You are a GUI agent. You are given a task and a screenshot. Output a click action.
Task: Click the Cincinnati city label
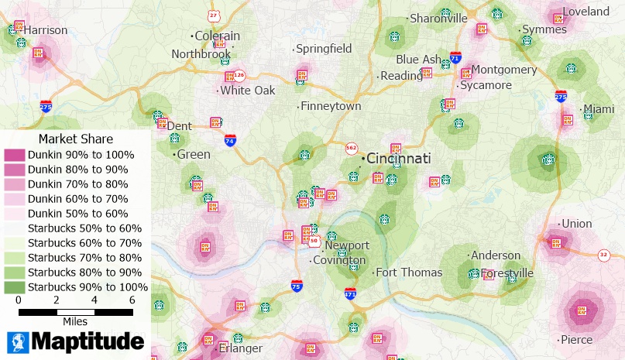[398, 158]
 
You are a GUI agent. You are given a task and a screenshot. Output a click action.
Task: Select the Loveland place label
[586, 12]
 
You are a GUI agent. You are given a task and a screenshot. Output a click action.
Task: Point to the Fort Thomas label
[409, 272]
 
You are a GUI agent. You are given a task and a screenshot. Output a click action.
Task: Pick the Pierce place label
[576, 339]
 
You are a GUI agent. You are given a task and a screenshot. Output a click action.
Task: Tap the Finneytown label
[331, 106]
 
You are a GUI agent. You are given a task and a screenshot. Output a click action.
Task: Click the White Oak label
[247, 91]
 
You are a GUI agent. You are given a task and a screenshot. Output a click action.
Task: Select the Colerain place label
[217, 36]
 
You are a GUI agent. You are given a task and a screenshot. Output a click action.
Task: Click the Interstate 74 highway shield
[230, 140]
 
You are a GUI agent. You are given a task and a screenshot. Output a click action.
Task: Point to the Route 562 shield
[351, 147]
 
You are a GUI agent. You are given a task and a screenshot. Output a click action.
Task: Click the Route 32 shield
[604, 254]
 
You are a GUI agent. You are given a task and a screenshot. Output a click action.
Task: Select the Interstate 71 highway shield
[455, 58]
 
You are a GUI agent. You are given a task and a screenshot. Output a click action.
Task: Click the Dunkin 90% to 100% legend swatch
[15, 155]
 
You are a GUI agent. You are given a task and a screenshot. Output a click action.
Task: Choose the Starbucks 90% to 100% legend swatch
[15, 287]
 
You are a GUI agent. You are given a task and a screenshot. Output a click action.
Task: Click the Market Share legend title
[76, 139]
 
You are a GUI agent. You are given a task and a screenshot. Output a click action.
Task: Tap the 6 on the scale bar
[132, 300]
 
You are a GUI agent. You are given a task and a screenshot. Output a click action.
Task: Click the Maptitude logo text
[88, 341]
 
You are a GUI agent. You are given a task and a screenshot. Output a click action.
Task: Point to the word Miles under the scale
[75, 321]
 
